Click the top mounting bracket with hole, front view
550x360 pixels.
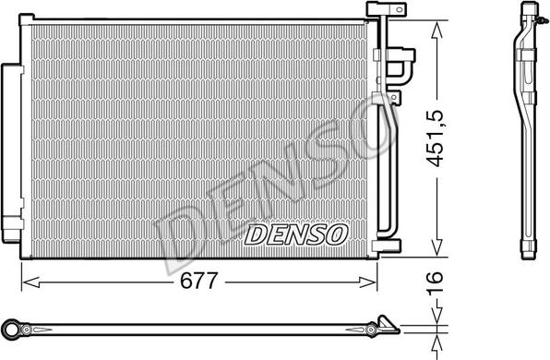click(x=377, y=8)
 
